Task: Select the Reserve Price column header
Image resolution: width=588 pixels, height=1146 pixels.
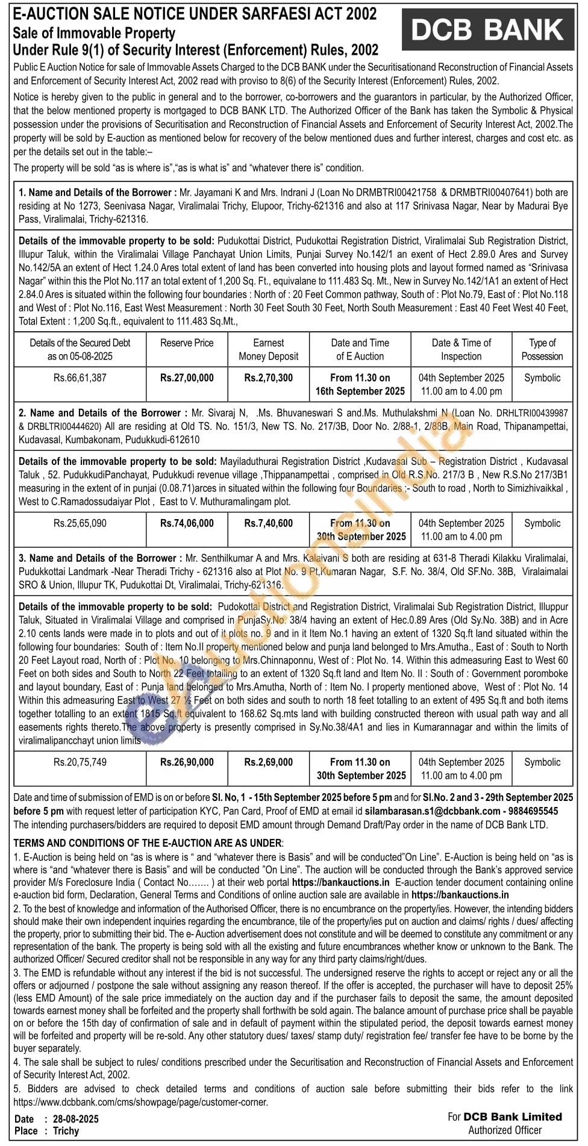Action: click(187, 343)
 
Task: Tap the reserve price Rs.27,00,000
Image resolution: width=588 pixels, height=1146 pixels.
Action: click(187, 378)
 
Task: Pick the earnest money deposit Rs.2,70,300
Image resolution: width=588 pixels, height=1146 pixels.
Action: click(268, 378)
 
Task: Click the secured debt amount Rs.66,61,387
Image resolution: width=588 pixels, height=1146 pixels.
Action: click(80, 378)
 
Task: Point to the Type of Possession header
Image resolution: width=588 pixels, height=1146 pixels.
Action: click(542, 349)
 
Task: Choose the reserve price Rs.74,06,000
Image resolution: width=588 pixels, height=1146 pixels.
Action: click(187, 523)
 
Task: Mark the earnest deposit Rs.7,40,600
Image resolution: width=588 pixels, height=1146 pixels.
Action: click(268, 523)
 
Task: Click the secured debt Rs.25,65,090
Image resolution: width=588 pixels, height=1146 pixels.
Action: click(80, 523)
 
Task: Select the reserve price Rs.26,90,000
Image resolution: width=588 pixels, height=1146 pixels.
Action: click(187, 762)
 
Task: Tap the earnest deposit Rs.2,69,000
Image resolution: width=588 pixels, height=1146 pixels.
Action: click(268, 762)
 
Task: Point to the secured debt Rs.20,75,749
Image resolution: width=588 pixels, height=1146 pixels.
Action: click(80, 762)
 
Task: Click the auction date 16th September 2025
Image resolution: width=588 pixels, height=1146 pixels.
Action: click(360, 391)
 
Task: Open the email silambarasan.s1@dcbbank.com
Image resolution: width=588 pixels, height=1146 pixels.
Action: click(433, 811)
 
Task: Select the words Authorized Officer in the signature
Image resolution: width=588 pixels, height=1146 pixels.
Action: click(505, 1130)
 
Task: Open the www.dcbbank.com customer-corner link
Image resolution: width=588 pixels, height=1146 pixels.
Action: click(140, 1101)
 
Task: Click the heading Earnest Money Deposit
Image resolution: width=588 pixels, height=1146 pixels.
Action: click(268, 349)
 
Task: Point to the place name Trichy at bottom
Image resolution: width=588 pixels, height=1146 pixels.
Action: click(66, 1130)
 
